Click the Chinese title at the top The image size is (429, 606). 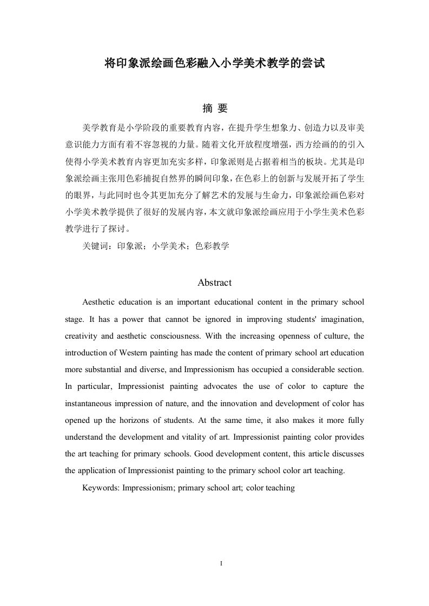click(x=214, y=64)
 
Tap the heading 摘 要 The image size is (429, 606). click(x=214, y=109)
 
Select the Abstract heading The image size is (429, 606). click(x=214, y=282)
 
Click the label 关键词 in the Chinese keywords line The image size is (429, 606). click(x=95, y=246)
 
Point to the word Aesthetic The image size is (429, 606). click(x=100, y=302)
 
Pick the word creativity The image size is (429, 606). click(x=82, y=336)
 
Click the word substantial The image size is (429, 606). click(x=99, y=369)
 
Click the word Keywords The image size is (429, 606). click(x=100, y=488)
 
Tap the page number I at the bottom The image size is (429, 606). click(x=214, y=564)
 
